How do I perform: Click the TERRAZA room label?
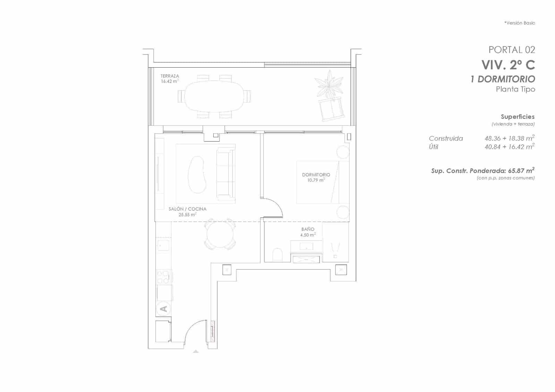[x=170, y=76]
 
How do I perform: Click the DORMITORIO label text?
[x=316, y=175]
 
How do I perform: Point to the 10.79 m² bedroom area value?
[x=316, y=180]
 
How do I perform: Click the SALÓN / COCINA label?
[x=187, y=209]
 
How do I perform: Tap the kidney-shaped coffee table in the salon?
[x=197, y=174]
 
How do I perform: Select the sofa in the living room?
[x=225, y=174]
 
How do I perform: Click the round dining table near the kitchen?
[x=220, y=234]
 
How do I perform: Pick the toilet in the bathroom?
[x=278, y=255]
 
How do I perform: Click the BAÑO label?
[x=308, y=229]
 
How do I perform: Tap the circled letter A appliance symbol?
[x=163, y=308]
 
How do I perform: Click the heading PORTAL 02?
[x=511, y=50]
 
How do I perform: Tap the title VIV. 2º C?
[x=508, y=65]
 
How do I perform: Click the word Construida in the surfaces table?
[x=446, y=138]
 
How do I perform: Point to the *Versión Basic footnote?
[x=519, y=23]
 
